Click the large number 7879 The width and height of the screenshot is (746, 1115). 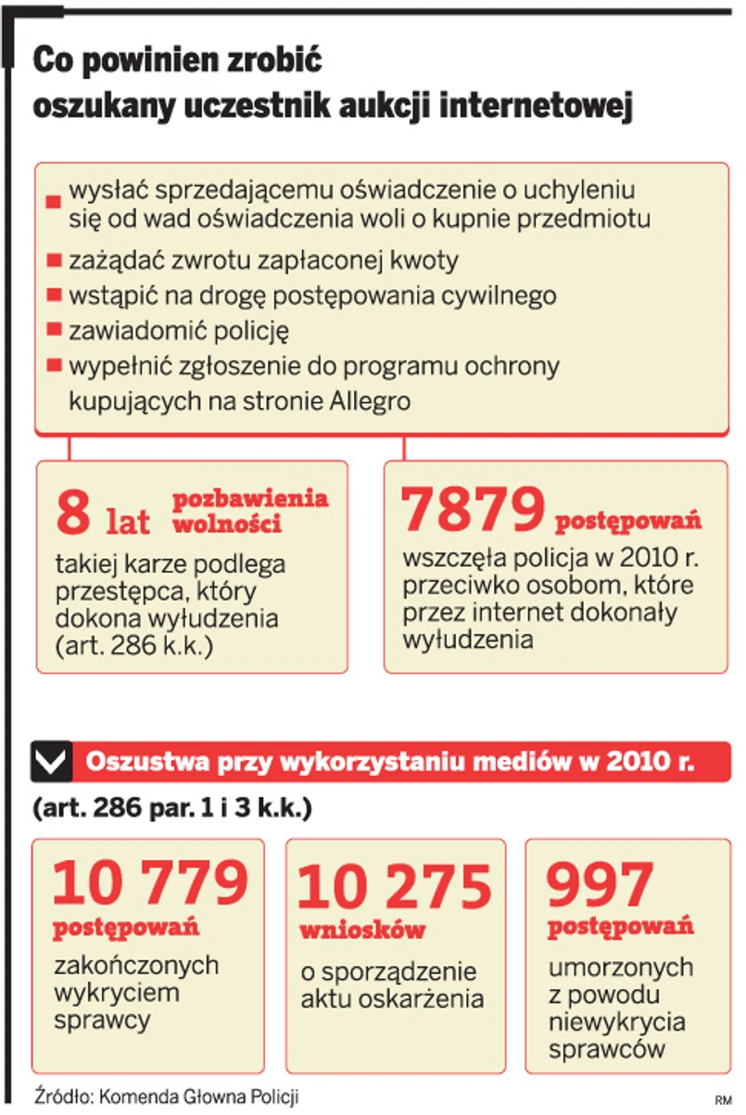[473, 511]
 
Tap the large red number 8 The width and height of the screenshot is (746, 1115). [73, 514]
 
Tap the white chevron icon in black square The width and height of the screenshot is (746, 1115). [51, 763]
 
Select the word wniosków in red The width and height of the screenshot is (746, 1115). [362, 930]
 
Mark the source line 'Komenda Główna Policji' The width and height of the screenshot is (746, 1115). [199, 1095]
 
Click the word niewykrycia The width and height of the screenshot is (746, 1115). [617, 1022]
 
